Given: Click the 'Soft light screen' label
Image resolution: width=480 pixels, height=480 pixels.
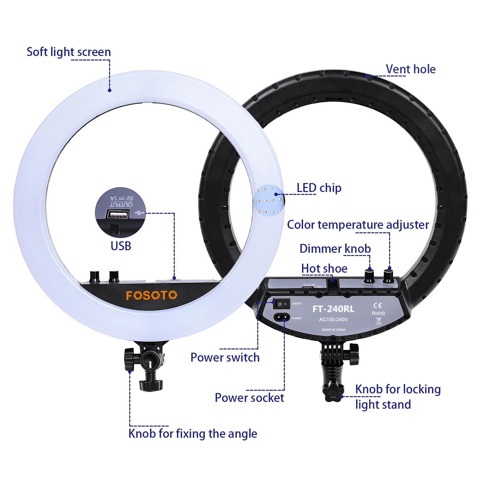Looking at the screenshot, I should pyautogui.click(x=68, y=52).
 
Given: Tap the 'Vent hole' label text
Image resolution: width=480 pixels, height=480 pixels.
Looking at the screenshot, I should pyautogui.click(x=411, y=69).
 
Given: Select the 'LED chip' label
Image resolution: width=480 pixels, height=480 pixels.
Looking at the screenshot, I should pyautogui.click(x=319, y=188).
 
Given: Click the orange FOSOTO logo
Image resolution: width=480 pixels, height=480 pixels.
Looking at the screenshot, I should pyautogui.click(x=151, y=295).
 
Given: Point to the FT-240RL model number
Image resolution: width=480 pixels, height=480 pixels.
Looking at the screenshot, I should pyautogui.click(x=333, y=309).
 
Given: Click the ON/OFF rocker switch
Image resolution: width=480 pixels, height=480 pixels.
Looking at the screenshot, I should pyautogui.click(x=281, y=304).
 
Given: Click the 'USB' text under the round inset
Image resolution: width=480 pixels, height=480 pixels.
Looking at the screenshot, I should pyautogui.click(x=121, y=246).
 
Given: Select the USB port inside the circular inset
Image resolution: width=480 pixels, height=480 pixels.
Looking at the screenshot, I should pyautogui.click(x=118, y=214).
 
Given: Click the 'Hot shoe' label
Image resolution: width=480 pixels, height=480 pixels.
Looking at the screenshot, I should pyautogui.click(x=324, y=268).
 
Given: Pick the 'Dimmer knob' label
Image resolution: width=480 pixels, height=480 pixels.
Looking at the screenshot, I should pyautogui.click(x=335, y=249).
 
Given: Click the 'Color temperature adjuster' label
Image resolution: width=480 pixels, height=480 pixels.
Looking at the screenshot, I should pyautogui.click(x=358, y=225).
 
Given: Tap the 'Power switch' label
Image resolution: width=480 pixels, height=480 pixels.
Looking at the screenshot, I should pyautogui.click(x=225, y=357).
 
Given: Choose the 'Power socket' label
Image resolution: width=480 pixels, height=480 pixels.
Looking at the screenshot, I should pyautogui.click(x=249, y=398).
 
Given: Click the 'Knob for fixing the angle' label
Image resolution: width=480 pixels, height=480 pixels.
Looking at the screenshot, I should pyautogui.click(x=193, y=434).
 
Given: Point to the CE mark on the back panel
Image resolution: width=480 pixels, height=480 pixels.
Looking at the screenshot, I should pyautogui.click(x=378, y=306).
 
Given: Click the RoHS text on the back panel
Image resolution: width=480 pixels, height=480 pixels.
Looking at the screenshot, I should pyautogui.click(x=378, y=313).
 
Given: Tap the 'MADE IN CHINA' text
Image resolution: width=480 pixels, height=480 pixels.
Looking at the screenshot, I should pyautogui.click(x=333, y=330).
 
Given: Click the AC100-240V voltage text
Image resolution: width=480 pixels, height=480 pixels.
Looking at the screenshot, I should pyautogui.click(x=333, y=319).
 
